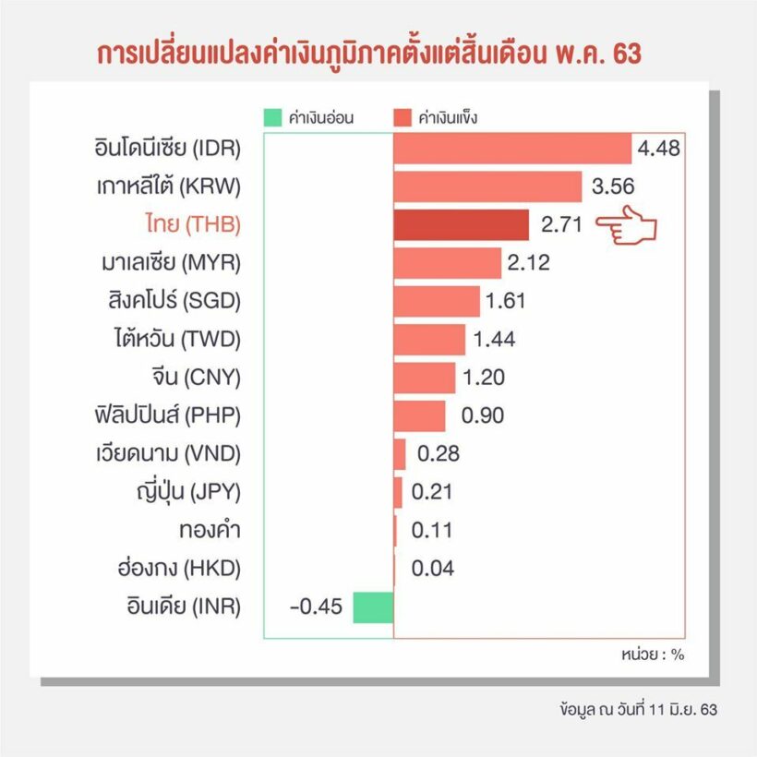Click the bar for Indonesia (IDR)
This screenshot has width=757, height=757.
(512, 149)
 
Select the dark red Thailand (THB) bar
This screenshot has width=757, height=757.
(461, 224)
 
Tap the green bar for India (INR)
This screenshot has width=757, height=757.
(373, 607)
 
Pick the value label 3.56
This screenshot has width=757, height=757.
(613, 186)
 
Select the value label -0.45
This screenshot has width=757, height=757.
(316, 607)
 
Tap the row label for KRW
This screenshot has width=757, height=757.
(169, 186)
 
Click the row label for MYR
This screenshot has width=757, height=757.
(172, 262)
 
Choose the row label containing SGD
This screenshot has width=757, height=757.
(174, 301)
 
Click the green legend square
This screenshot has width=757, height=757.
(271, 117)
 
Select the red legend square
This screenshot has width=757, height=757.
(402, 117)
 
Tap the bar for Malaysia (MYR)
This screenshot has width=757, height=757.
(447, 263)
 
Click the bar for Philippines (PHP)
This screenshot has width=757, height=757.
(419, 415)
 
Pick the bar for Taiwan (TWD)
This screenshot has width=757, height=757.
(429, 340)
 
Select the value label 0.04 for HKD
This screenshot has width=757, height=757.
(433, 569)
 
